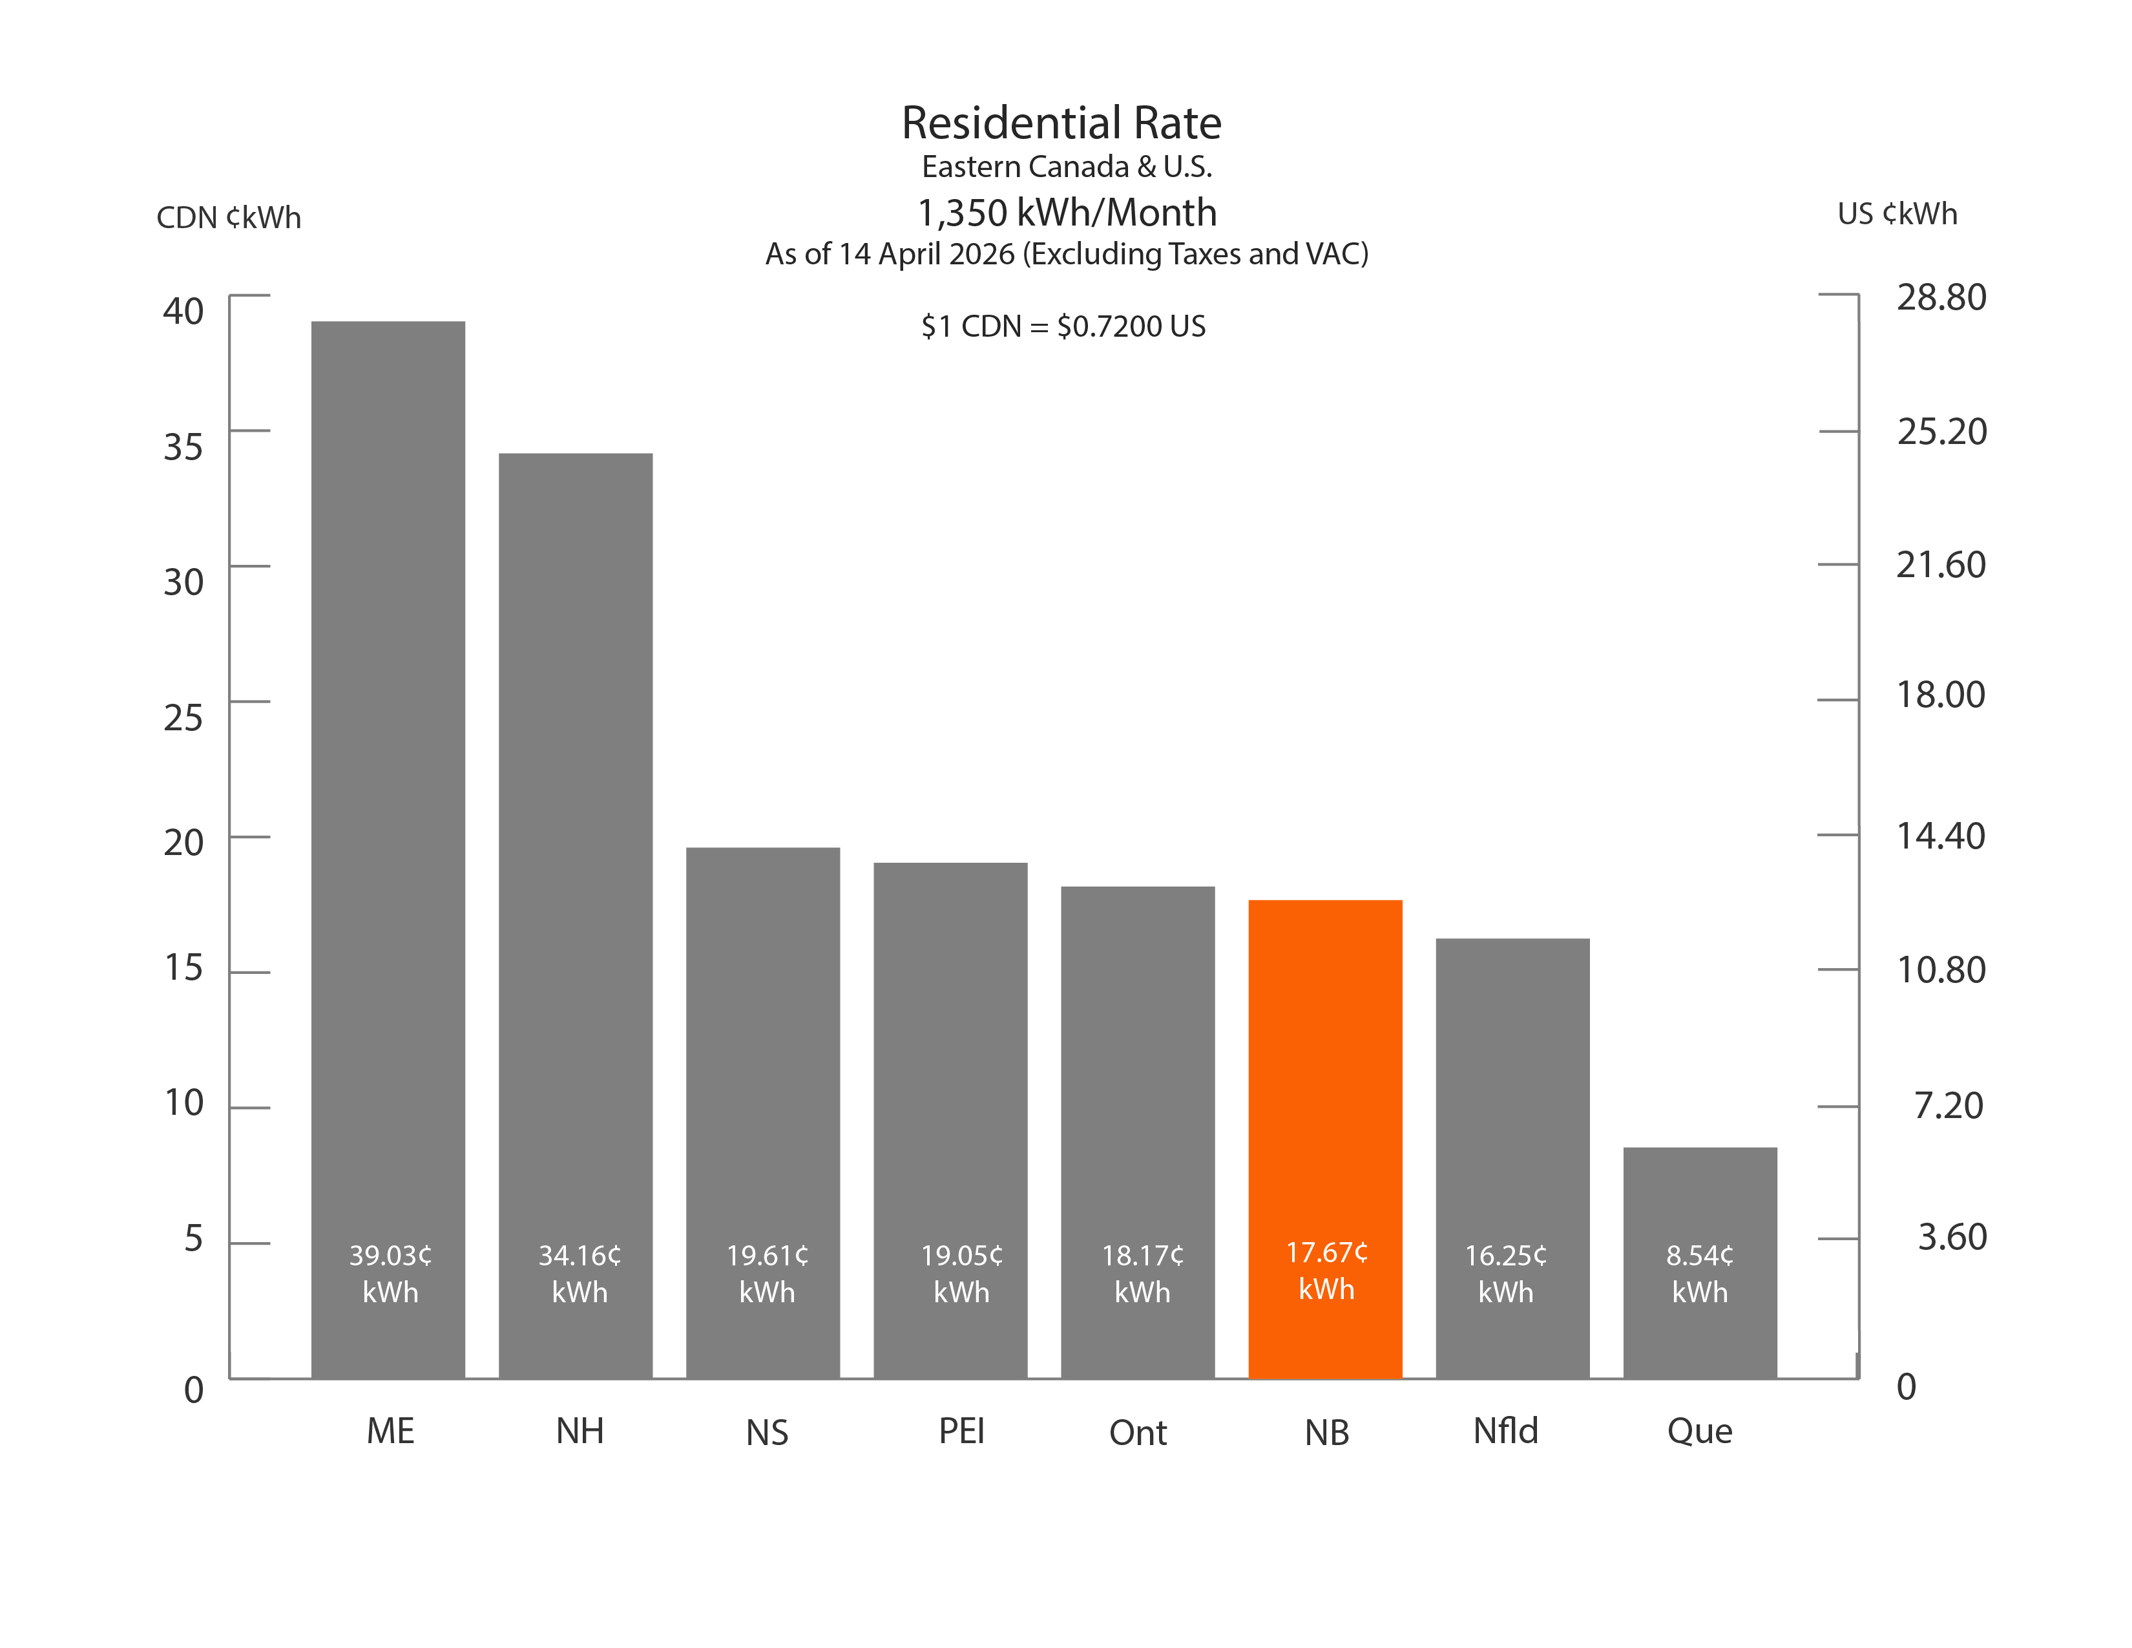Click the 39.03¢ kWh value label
click(x=390, y=1273)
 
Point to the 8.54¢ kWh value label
click(x=1700, y=1273)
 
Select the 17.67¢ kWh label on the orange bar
click(x=1326, y=1270)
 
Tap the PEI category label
click(x=961, y=1431)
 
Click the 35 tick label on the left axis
click(x=183, y=447)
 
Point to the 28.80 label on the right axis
click(x=1941, y=297)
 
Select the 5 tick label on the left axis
click(x=193, y=1239)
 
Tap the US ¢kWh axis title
click(x=1897, y=214)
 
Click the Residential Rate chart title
click(x=1061, y=123)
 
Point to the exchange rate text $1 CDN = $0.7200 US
click(x=1063, y=326)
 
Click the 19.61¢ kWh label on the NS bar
click(x=768, y=1273)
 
